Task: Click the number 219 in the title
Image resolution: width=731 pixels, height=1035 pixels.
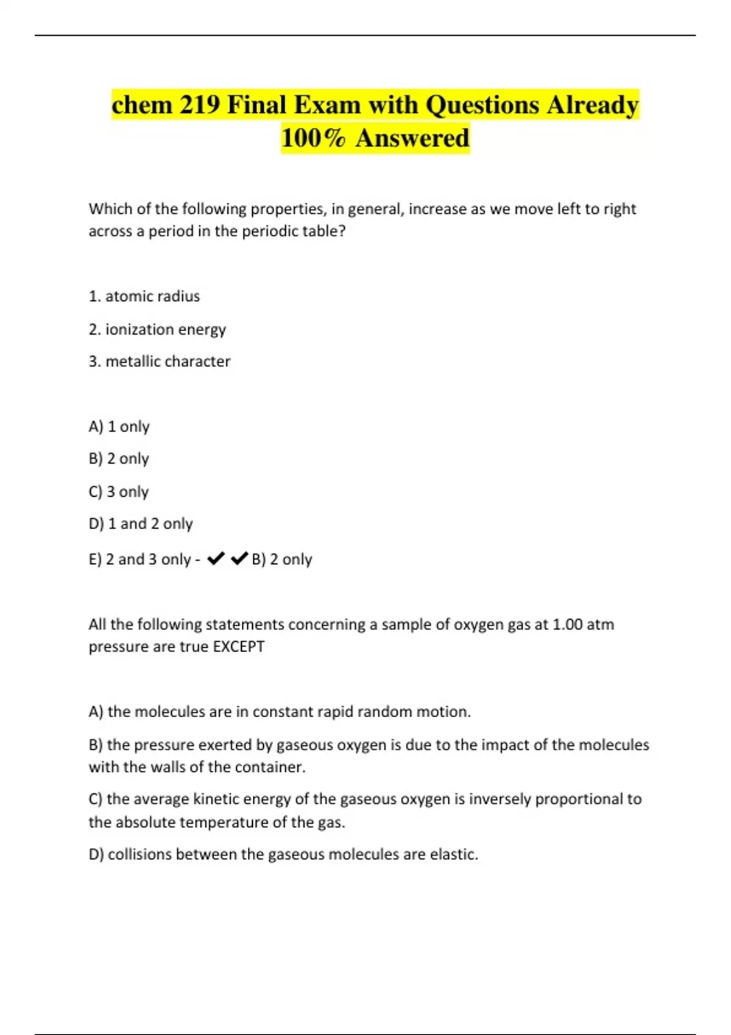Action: point(199,105)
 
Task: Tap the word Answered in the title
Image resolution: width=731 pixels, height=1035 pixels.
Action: point(412,138)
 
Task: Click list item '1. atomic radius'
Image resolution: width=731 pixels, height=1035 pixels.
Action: point(144,296)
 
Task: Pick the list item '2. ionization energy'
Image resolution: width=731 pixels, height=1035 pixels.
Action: point(157,329)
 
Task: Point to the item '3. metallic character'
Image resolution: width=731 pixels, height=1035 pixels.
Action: point(160,362)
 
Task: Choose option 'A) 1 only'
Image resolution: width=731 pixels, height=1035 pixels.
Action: point(119,427)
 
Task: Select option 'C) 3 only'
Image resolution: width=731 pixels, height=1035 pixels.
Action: point(119,492)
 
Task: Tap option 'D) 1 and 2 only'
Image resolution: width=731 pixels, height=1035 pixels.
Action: point(141,524)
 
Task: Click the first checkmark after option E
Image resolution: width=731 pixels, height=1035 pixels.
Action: point(216,558)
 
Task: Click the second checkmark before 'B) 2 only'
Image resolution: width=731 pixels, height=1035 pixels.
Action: point(240,558)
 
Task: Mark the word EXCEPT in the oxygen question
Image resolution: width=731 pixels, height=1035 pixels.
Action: point(239,647)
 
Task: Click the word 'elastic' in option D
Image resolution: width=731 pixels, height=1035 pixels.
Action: point(452,855)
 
